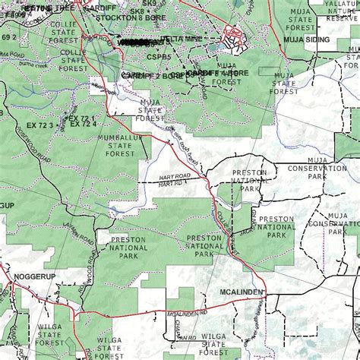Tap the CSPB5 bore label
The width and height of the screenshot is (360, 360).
click(x=159, y=57)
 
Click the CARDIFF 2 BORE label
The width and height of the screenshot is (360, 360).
click(x=153, y=75)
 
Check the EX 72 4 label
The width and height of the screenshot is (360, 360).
click(x=84, y=124)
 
